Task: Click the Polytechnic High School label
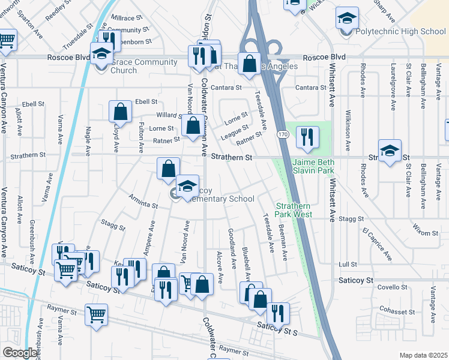click(x=400, y=32)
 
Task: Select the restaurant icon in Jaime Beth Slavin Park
click(x=307, y=136)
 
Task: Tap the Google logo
click(x=20, y=353)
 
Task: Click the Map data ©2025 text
click(x=423, y=355)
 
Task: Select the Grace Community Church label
click(x=143, y=66)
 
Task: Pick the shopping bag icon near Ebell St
click(x=121, y=112)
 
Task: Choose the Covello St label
click(x=393, y=287)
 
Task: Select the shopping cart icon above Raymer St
click(x=96, y=314)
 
